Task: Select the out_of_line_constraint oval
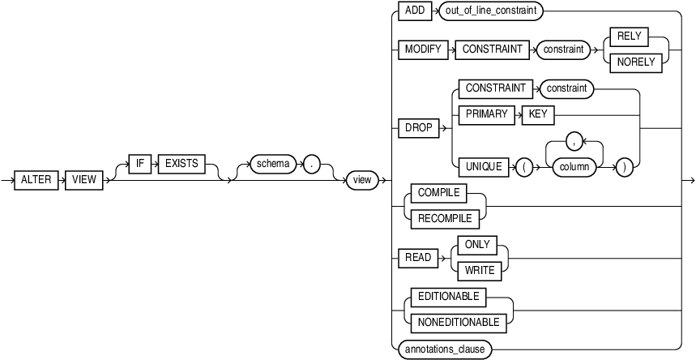[x=491, y=11]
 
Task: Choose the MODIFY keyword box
[x=421, y=49]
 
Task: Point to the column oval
[x=574, y=167]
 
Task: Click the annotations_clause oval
[x=445, y=349]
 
